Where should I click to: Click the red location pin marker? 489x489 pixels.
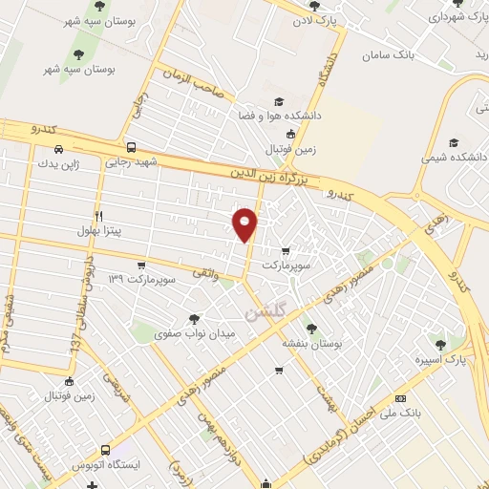click(245, 224)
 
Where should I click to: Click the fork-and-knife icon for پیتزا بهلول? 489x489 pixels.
click(97, 216)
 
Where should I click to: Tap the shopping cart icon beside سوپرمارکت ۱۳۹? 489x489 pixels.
click(141, 265)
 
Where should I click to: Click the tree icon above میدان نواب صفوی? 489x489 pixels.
click(195, 319)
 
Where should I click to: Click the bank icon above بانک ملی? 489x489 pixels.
click(400, 398)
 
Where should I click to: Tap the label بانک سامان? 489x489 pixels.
click(391, 55)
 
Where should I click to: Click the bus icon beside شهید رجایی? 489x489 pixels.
click(130, 148)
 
